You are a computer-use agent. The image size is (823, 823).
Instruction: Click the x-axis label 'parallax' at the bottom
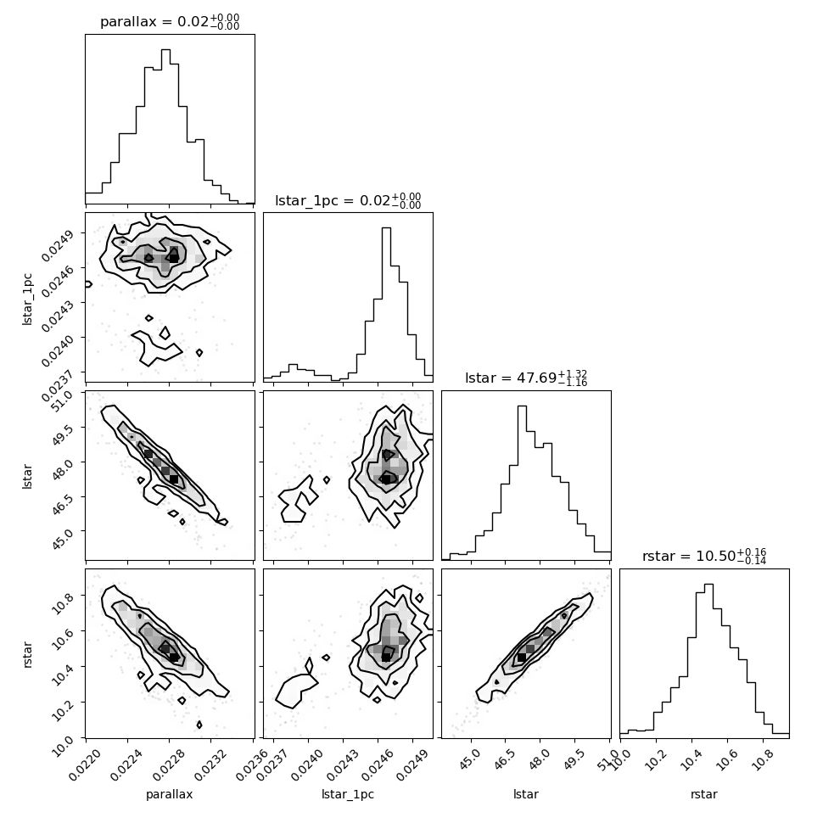[x=170, y=795]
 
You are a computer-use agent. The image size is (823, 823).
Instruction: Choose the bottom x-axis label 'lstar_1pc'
[x=348, y=795]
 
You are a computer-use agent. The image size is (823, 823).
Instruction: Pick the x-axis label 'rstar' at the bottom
[x=704, y=795]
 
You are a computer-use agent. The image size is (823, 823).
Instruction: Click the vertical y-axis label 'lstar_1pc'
[x=27, y=299]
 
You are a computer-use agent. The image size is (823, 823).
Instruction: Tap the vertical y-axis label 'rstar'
[x=27, y=654]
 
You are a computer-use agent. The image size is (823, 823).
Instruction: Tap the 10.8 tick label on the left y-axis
[x=64, y=603]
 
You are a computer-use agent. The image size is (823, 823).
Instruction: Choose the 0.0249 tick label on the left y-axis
[x=58, y=245]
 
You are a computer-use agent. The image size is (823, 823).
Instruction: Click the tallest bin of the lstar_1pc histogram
[x=386, y=304]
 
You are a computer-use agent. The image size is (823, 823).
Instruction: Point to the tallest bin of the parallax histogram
[x=165, y=126]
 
